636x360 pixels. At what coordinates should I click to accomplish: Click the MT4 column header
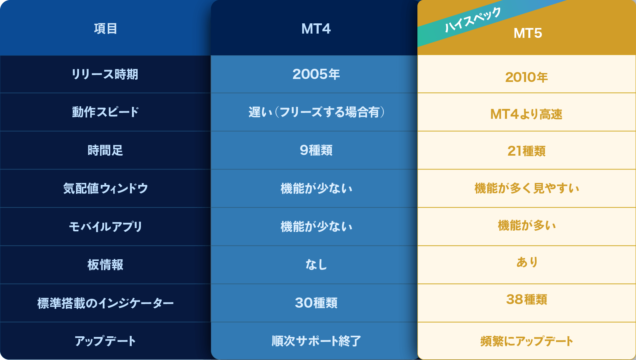click(x=316, y=29)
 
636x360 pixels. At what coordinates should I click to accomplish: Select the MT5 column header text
click(x=528, y=33)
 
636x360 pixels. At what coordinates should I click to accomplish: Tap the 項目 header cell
click(x=105, y=29)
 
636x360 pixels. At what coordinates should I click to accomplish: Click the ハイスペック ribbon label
click(x=473, y=20)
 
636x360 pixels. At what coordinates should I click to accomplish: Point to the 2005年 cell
click(x=316, y=74)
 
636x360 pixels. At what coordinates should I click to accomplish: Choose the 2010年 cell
click(x=526, y=77)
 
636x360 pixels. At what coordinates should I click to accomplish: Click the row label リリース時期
click(x=105, y=74)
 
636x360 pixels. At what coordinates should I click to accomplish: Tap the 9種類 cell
click(x=316, y=150)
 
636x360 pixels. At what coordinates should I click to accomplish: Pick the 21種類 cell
click(x=526, y=151)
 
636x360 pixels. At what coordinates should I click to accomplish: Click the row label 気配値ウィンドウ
click(x=105, y=189)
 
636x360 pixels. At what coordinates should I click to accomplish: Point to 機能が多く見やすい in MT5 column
click(x=527, y=189)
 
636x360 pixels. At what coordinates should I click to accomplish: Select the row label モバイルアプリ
click(x=105, y=227)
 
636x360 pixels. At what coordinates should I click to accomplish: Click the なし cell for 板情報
click(x=316, y=265)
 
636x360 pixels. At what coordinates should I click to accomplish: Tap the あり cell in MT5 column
click(x=527, y=262)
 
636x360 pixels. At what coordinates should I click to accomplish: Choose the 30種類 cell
click(x=316, y=303)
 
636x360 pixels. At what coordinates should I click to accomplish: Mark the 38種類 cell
click(x=527, y=299)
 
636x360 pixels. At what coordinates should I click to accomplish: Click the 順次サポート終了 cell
click(x=316, y=341)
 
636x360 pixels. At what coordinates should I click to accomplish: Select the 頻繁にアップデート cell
click(x=527, y=341)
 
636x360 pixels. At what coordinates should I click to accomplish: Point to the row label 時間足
click(x=105, y=150)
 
